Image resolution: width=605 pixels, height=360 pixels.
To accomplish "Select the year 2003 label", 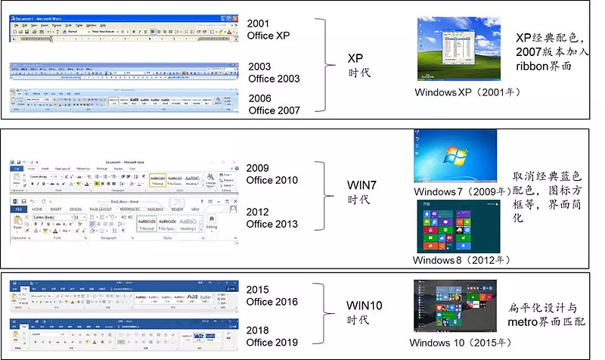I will pos(259,67).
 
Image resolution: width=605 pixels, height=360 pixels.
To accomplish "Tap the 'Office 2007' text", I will pos(274,110).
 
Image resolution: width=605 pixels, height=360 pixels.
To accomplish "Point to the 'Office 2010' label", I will pos(271,180).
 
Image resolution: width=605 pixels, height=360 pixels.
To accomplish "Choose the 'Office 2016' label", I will pos(273,302).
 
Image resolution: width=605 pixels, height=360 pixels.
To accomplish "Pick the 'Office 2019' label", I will pos(273,342).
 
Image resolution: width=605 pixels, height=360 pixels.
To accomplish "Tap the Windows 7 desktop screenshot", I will pos(455,157).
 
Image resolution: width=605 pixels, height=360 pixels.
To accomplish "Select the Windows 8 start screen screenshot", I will pos(455,226).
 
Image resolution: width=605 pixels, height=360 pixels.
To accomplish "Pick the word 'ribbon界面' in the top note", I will pos(544,66).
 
